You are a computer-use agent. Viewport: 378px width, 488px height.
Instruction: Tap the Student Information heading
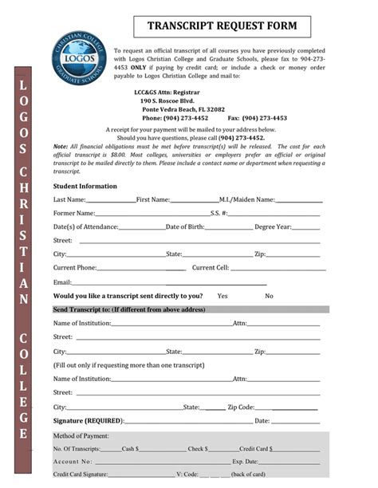click(x=85, y=186)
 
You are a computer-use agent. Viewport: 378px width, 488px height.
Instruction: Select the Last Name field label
click(x=69, y=199)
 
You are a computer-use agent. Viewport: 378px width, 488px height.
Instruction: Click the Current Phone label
click(x=75, y=268)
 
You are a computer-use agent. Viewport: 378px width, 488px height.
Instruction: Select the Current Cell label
click(x=211, y=268)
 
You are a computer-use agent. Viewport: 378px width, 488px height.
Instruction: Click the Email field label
click(x=62, y=281)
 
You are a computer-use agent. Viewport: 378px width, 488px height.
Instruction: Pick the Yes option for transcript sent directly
click(x=222, y=296)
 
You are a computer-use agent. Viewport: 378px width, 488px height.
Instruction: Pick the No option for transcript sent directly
click(x=270, y=296)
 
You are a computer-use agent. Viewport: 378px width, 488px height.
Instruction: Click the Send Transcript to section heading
click(x=129, y=309)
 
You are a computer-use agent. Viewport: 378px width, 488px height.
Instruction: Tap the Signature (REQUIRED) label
click(x=88, y=420)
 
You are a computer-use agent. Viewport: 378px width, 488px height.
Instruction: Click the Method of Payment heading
click(x=81, y=436)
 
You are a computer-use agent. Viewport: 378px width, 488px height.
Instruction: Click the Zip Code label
click(x=241, y=407)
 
